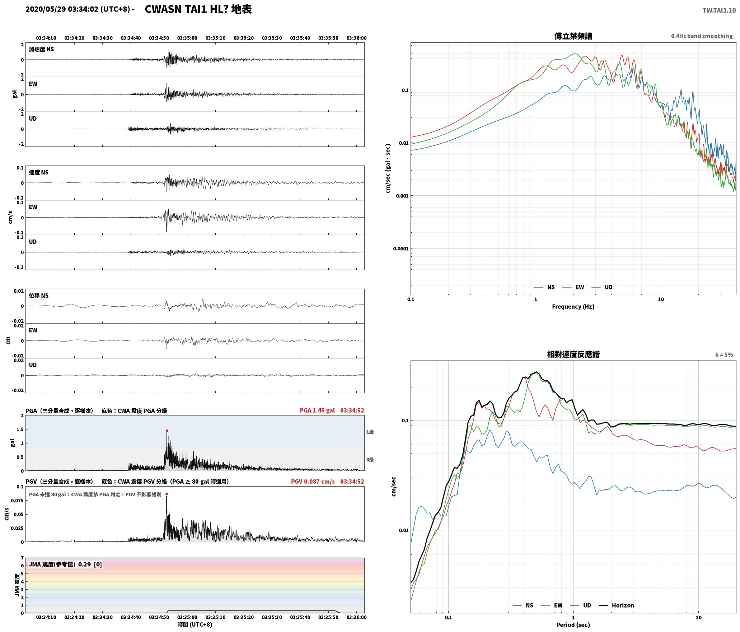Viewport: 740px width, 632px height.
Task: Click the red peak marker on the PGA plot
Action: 167,431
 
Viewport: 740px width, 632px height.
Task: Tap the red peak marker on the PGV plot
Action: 167,494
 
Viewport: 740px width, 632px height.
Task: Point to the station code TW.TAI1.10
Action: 719,10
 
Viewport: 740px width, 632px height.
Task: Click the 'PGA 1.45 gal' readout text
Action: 317,410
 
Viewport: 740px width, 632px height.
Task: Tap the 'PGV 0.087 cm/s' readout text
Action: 313,482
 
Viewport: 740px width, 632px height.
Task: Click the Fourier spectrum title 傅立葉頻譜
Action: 573,36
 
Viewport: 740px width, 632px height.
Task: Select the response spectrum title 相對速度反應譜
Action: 573,354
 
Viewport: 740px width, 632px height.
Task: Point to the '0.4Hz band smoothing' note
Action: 702,36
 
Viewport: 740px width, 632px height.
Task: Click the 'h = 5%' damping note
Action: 724,355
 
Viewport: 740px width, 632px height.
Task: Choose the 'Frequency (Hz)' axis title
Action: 573,307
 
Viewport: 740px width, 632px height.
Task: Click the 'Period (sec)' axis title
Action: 573,625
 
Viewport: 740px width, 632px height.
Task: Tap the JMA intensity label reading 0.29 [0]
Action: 65,564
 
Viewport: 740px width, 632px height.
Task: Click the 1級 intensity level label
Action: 370,432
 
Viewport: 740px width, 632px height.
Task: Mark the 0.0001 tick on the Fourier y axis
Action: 401,248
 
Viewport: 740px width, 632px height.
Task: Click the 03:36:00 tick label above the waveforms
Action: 356,38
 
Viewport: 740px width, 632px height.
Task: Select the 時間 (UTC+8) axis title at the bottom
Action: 195,624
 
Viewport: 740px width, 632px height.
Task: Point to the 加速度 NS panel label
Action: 41,49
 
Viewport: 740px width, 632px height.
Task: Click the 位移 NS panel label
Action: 39,296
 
